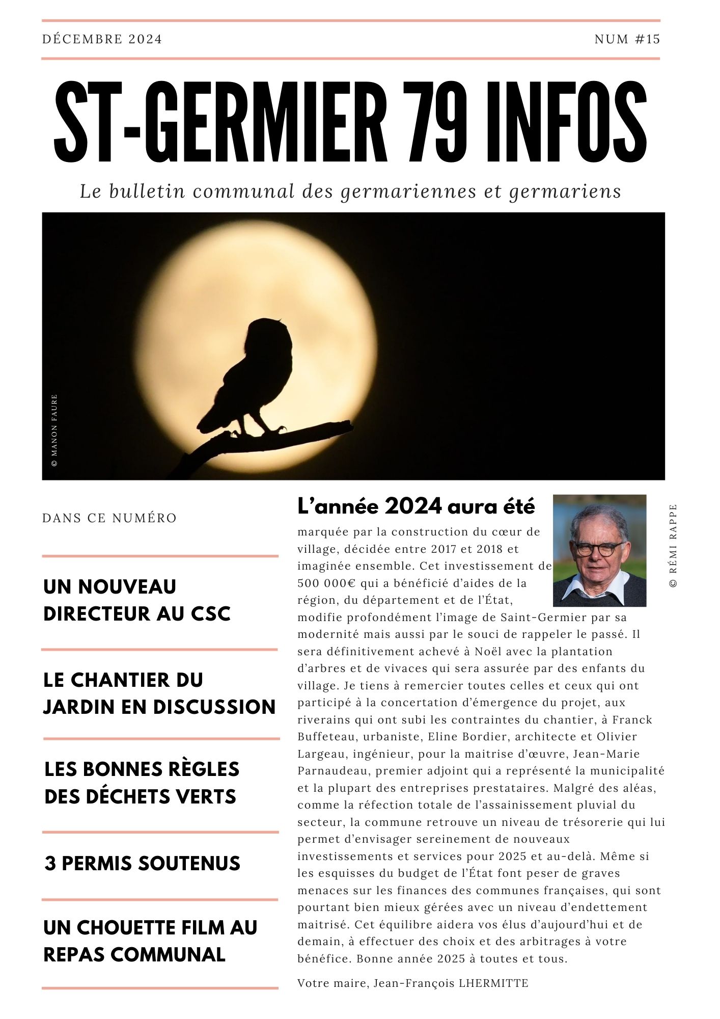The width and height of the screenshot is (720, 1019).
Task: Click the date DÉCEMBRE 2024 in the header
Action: click(x=102, y=39)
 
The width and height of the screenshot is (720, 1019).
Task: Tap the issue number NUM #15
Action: click(x=627, y=39)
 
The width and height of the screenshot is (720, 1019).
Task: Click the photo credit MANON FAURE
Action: click(x=54, y=431)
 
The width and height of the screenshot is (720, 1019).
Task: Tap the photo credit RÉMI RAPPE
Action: click(x=673, y=546)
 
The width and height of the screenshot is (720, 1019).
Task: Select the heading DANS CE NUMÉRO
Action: click(x=109, y=518)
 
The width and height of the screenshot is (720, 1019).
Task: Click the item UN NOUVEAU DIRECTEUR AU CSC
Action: click(x=137, y=600)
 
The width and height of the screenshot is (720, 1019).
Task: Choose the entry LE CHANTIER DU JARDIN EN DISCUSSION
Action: click(x=159, y=693)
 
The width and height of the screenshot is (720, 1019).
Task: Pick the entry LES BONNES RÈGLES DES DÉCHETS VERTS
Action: click(x=142, y=783)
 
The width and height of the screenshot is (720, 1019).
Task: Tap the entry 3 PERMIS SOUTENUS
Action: click(x=142, y=864)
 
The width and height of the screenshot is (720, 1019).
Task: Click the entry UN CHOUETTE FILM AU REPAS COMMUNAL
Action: click(x=150, y=941)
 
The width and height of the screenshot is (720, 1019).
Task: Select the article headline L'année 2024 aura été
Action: click(x=416, y=506)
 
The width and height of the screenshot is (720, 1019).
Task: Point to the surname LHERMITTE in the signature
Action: click(x=493, y=983)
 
